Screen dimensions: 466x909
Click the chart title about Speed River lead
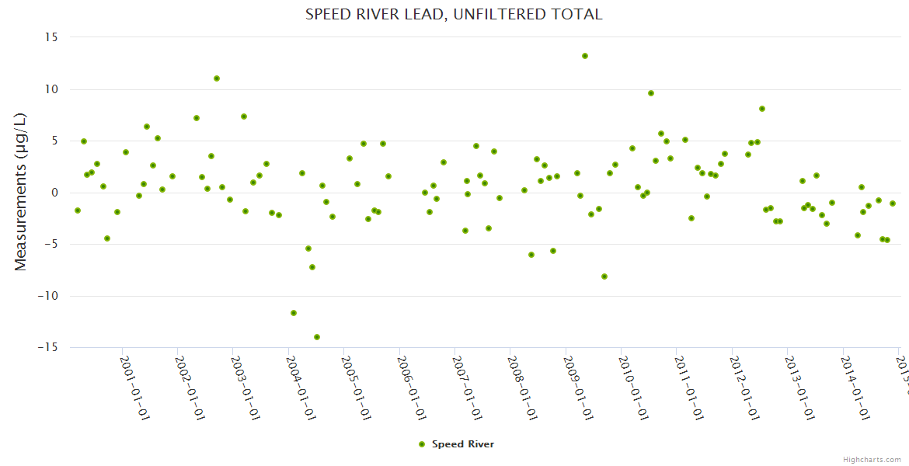[x=454, y=14]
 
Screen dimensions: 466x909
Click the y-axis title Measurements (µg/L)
[x=21, y=192]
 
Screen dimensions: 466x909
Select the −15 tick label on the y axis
[x=49, y=347]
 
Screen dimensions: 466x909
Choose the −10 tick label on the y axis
[x=49, y=296]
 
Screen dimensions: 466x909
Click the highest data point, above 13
[x=585, y=56]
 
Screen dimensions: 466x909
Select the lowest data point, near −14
[x=317, y=337]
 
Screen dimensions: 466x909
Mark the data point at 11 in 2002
[x=217, y=78]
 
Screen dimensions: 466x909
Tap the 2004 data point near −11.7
[x=294, y=313]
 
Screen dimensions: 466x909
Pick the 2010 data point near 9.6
[x=651, y=93]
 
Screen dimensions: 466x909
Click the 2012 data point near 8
[x=762, y=109]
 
